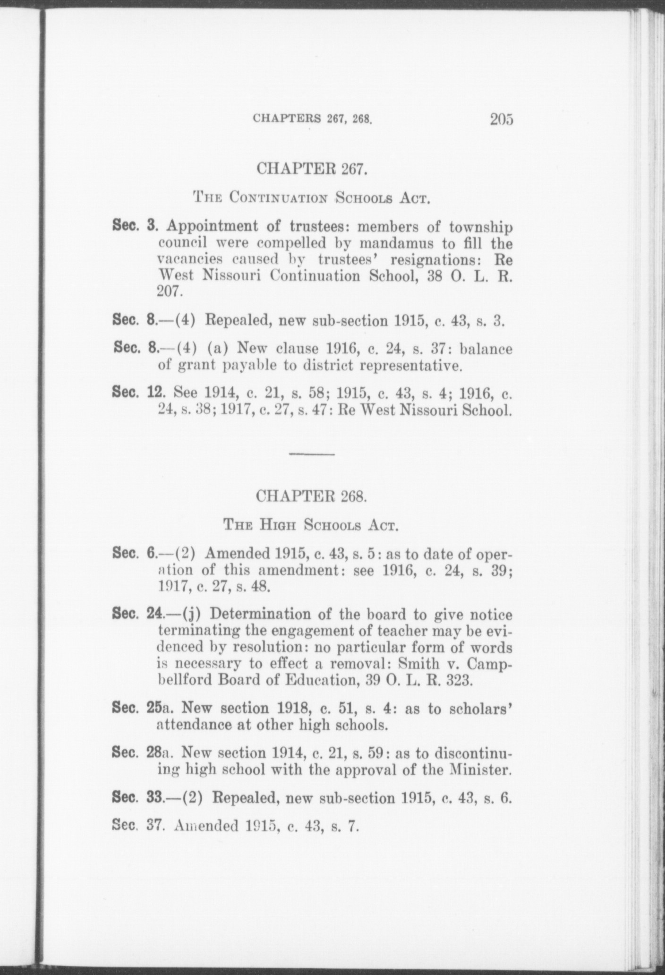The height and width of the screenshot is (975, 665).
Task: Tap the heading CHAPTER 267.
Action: [311, 169]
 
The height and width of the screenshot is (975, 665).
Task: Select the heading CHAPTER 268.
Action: [311, 496]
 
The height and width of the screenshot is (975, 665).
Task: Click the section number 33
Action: [155, 799]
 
